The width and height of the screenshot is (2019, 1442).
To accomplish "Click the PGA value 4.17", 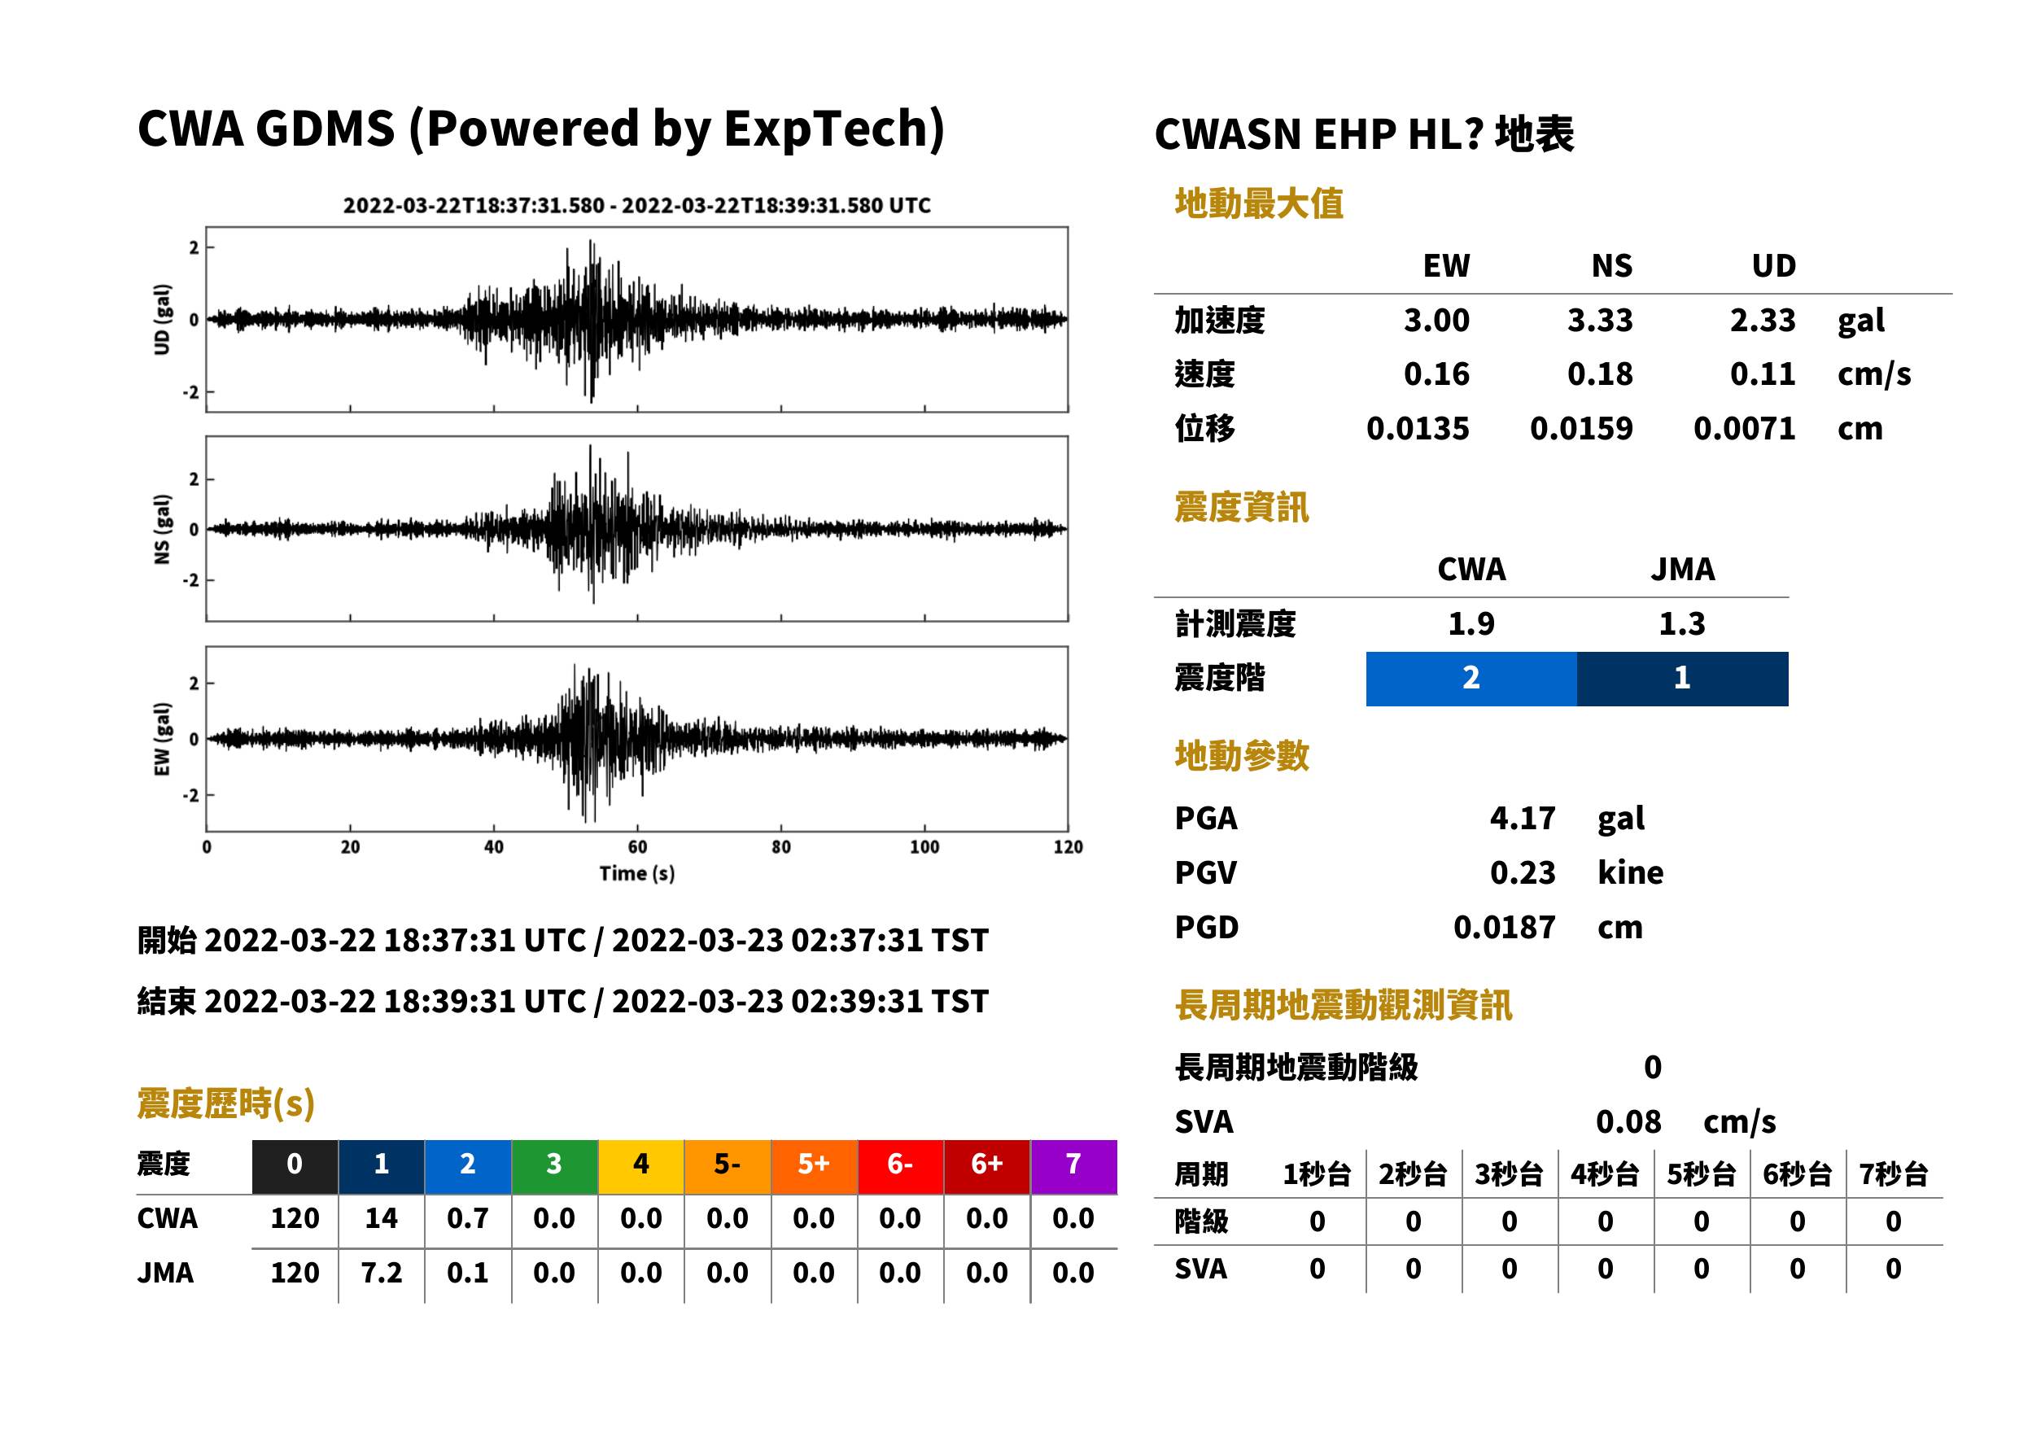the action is click(x=1522, y=818).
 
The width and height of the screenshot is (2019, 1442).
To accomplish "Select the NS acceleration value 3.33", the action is click(x=1599, y=320).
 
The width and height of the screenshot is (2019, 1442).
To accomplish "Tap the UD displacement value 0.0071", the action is click(x=1744, y=428).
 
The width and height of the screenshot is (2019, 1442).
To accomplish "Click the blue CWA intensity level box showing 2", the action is click(x=1471, y=679).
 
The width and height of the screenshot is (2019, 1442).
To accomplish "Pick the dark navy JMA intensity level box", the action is click(x=1683, y=679).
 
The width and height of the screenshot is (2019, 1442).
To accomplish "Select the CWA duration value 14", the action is click(x=381, y=1218).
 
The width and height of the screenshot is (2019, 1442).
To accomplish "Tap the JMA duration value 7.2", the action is click(x=381, y=1273).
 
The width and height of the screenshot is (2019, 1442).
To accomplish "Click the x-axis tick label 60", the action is click(x=636, y=847).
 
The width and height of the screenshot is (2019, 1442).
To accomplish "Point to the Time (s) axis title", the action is click(x=636, y=874).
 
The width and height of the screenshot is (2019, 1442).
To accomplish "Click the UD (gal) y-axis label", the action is click(x=162, y=320).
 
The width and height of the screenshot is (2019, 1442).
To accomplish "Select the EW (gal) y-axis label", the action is click(x=162, y=739).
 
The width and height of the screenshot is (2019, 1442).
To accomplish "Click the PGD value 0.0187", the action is click(x=1504, y=927).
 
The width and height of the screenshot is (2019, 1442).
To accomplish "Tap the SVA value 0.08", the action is click(x=1628, y=1121).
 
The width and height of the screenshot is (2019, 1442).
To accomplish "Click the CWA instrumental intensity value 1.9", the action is click(x=1471, y=623).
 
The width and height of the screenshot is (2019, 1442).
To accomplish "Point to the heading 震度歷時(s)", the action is click(x=225, y=1103).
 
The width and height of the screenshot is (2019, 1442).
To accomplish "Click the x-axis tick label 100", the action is click(x=924, y=847).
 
